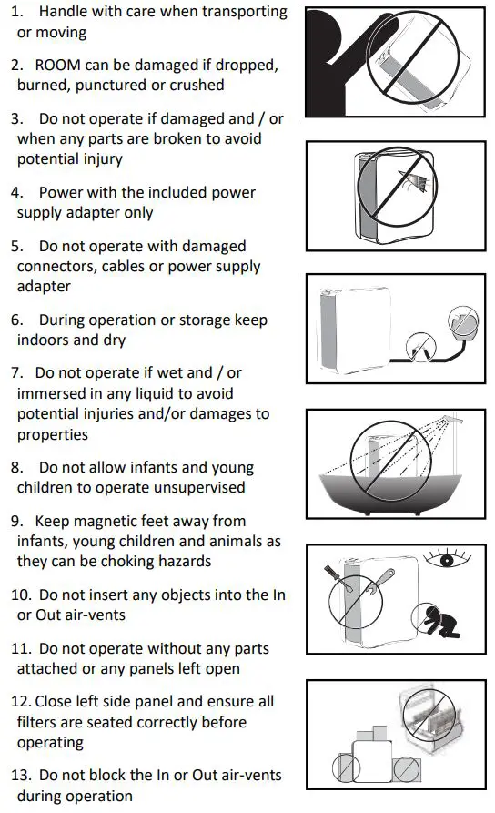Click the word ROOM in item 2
[x=57, y=66]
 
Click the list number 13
[x=21, y=775]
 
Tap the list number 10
[x=21, y=595]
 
